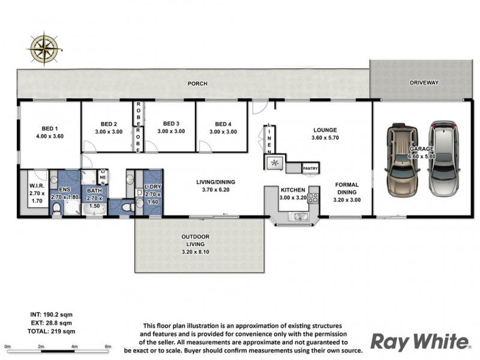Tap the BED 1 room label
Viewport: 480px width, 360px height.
(x=50, y=128)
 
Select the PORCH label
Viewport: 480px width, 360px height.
(x=197, y=83)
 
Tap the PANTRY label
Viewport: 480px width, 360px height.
(x=310, y=168)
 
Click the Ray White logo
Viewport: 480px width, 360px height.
(x=419, y=342)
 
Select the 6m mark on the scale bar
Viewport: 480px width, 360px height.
(x=108, y=347)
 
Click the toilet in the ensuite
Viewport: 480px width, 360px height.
(x=57, y=208)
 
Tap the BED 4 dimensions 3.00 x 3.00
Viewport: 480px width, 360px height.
(x=223, y=131)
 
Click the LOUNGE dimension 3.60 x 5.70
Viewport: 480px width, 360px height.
(x=325, y=137)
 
